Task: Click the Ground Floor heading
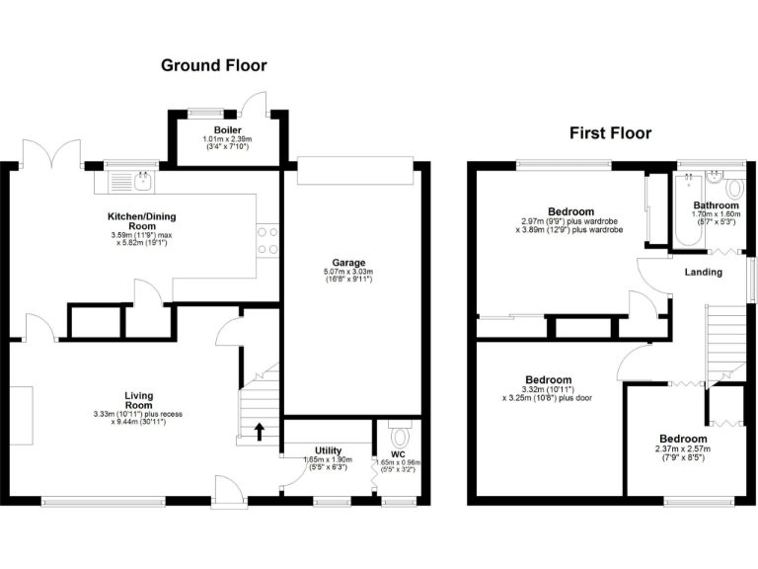tap(213, 65)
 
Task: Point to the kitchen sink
tap(131, 181)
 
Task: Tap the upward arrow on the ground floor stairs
tap(261, 430)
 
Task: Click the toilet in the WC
tap(399, 435)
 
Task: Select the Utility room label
tap(329, 450)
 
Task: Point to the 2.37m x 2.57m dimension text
tap(683, 450)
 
